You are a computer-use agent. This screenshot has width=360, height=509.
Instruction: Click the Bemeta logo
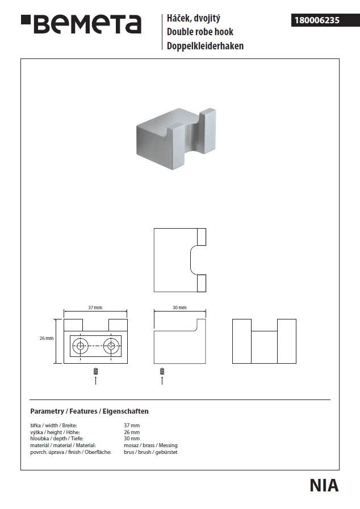(81, 24)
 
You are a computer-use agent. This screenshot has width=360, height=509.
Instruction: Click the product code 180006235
(317, 20)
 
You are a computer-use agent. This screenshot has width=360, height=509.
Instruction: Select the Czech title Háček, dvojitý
(194, 18)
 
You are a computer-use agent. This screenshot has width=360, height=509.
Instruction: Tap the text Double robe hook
(200, 32)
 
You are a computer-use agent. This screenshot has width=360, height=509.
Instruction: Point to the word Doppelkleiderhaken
(206, 46)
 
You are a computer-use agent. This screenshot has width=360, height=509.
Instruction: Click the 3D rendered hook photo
(176, 139)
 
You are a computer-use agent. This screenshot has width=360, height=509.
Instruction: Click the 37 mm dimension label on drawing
(95, 308)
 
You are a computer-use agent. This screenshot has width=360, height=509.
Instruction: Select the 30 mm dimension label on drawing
(179, 308)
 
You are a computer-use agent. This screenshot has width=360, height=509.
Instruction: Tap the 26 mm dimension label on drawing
(47, 338)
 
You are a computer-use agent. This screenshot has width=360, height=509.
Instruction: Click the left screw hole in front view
(80, 346)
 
